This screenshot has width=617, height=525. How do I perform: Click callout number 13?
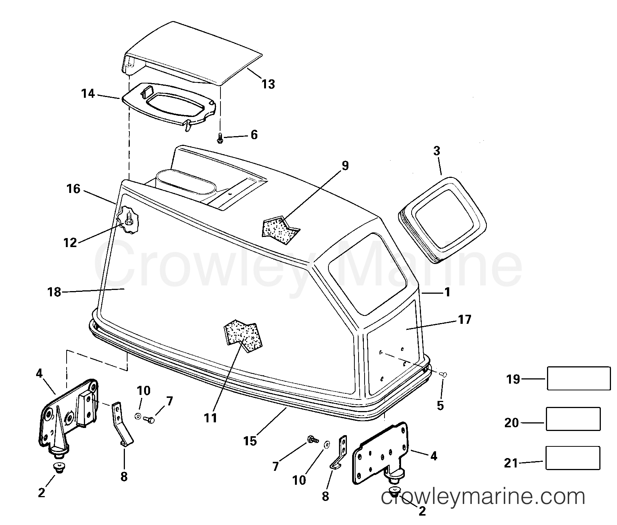[x=268, y=84]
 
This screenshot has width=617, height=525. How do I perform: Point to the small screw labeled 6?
[x=220, y=138]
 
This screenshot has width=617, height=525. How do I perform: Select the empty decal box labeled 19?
[x=579, y=378]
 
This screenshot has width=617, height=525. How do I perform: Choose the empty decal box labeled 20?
[x=573, y=419]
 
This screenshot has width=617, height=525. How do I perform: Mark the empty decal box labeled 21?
[x=573, y=458]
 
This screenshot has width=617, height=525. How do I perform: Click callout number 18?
[x=55, y=292]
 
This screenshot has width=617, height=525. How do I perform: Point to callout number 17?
[x=465, y=319]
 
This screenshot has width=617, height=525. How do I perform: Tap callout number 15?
[x=250, y=440]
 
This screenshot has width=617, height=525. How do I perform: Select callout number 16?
[x=74, y=188]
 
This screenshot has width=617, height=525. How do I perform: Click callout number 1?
[x=447, y=292]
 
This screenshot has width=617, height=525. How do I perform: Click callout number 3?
[x=436, y=151]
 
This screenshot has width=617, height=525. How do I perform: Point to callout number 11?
[x=211, y=417]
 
